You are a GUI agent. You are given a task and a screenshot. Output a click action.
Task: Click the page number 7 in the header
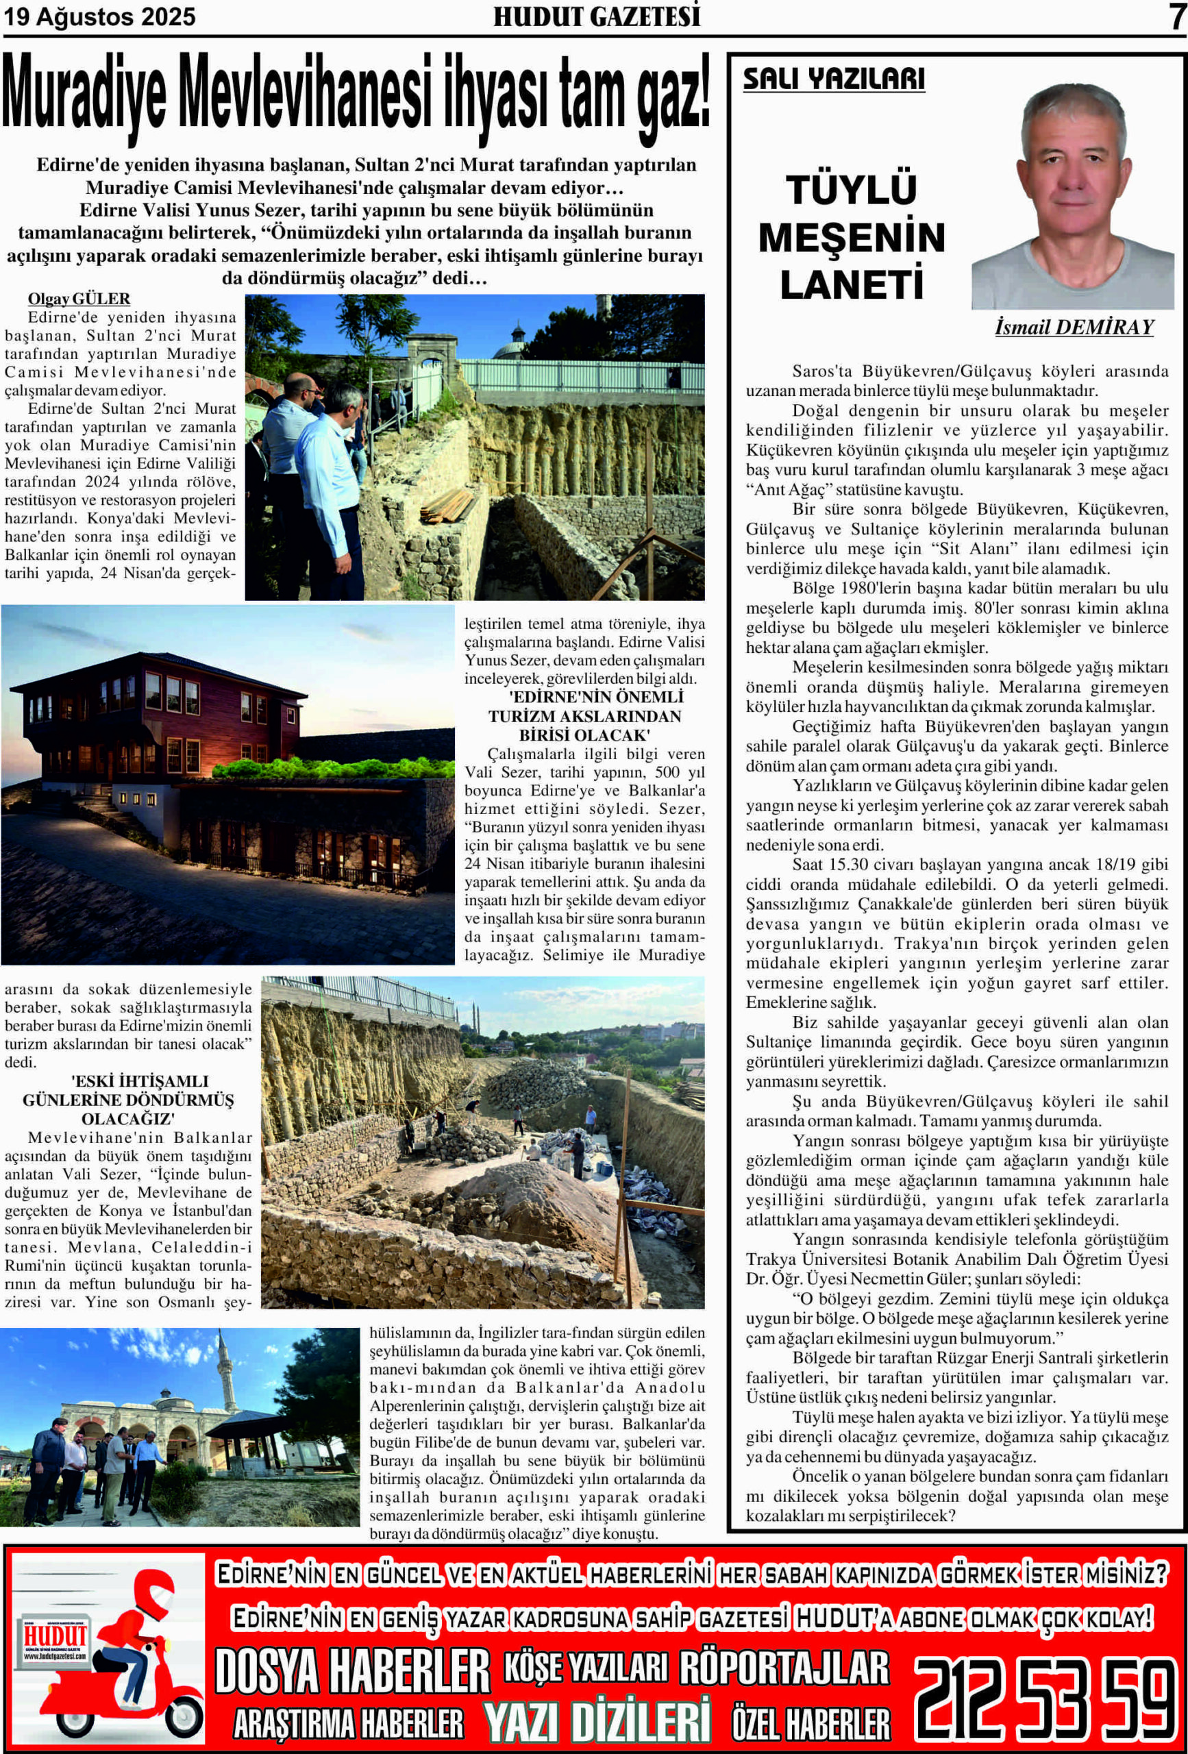(1176, 16)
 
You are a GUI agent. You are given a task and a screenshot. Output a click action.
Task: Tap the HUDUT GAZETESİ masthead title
(596, 16)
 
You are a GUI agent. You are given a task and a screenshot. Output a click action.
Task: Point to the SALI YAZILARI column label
(833, 79)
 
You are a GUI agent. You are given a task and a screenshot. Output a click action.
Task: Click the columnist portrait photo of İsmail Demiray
(1072, 196)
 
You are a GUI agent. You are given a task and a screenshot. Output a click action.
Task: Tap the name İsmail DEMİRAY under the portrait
(1074, 327)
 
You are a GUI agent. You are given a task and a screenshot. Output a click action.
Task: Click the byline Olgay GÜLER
(79, 299)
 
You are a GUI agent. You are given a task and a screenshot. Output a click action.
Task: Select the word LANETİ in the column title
(852, 284)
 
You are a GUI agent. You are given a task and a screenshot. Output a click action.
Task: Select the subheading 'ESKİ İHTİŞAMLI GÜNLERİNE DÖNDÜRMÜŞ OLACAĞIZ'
(127, 1100)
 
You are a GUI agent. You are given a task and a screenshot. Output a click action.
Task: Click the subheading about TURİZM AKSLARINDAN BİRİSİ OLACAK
(584, 715)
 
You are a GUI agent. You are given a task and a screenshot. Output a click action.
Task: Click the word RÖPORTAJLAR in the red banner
(784, 1669)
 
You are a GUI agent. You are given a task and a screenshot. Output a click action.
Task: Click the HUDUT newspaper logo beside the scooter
(54, 1638)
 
